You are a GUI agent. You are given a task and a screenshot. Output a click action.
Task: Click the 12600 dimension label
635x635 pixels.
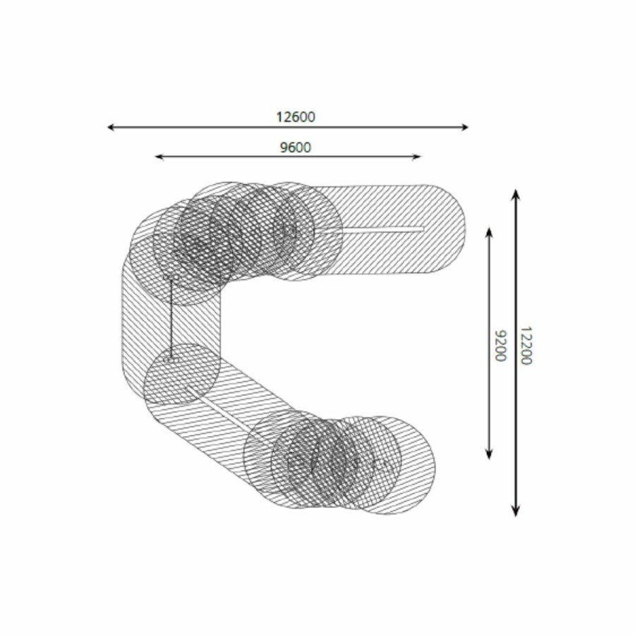click(x=296, y=117)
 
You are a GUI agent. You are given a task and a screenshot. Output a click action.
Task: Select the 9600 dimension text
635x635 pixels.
click(x=296, y=147)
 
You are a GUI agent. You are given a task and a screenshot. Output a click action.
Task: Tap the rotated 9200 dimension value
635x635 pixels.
click(x=501, y=346)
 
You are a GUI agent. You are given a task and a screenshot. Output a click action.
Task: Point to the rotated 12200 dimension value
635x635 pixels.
click(x=525, y=346)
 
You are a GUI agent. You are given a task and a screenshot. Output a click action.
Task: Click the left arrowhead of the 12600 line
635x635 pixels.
click(x=110, y=127)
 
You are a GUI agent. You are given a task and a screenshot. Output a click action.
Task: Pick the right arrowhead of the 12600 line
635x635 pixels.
click(x=466, y=127)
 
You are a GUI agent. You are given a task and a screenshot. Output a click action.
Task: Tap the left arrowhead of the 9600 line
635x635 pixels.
click(x=159, y=157)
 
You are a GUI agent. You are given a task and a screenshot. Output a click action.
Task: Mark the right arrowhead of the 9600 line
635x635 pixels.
click(x=417, y=157)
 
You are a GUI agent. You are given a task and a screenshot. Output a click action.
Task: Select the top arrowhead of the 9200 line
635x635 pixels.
click(x=489, y=231)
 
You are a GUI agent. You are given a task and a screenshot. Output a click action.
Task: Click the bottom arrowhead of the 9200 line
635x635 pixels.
click(x=489, y=455)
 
